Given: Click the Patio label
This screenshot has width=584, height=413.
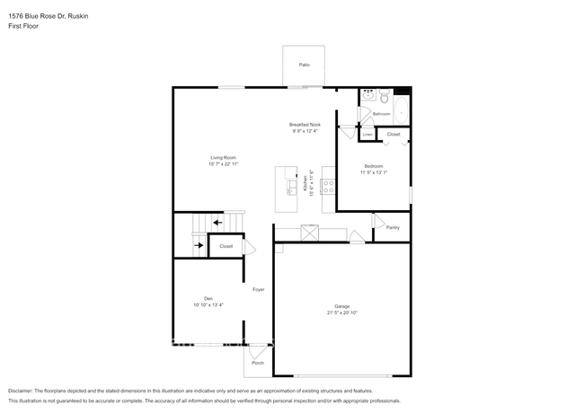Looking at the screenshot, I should click(305, 66).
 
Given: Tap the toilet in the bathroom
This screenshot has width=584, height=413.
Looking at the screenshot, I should click(384, 95).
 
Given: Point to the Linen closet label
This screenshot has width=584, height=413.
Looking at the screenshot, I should click(367, 134).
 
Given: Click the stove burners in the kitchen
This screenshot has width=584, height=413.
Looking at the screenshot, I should click(328, 187).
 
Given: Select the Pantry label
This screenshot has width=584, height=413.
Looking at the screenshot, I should click(393, 227).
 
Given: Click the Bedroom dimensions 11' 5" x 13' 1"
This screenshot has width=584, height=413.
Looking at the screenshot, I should click(373, 171).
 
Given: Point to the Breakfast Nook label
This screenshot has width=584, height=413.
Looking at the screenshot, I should click(305, 125).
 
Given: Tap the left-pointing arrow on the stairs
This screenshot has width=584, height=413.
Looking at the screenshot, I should click(218, 223).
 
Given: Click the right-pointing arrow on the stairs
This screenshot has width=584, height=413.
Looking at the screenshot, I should click(199, 244).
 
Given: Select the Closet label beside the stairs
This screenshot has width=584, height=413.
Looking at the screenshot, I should click(226, 246).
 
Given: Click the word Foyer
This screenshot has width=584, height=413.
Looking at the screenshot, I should click(258, 289).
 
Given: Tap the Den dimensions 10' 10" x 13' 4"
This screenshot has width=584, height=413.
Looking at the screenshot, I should click(208, 305).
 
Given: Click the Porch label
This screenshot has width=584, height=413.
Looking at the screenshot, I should click(257, 363).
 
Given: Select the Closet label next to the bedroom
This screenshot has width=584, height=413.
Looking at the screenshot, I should click(394, 135).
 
